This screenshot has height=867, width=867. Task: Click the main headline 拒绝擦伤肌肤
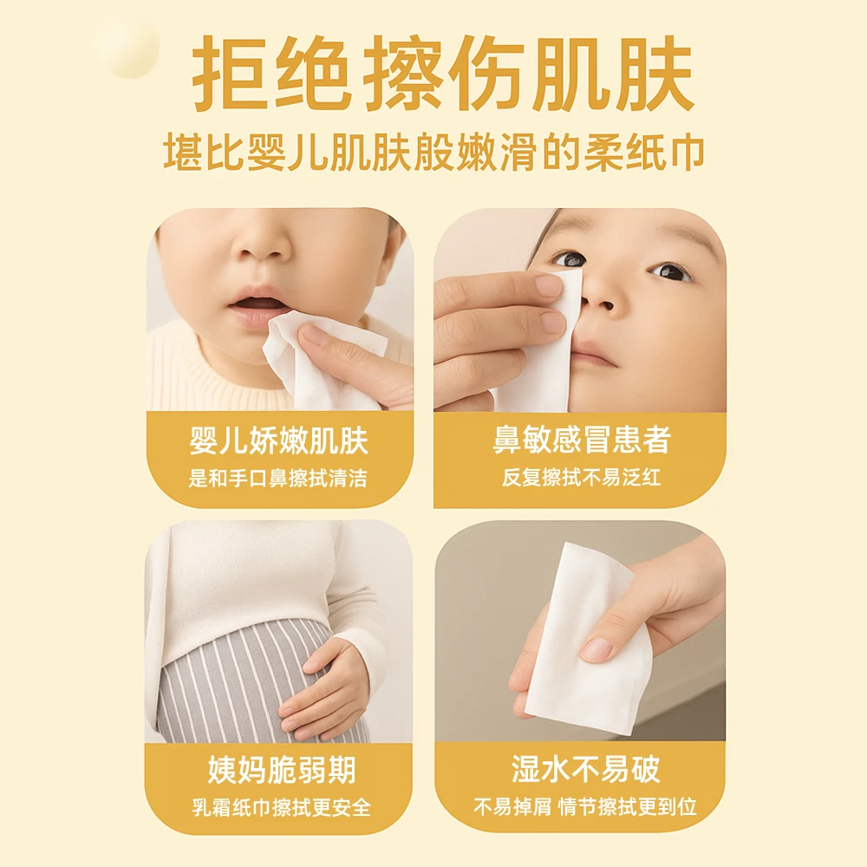pyautogui.click(x=443, y=74)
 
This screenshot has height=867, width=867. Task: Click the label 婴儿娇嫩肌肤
pyautogui.click(x=279, y=441)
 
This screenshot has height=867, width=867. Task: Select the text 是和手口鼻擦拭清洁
pyautogui.click(x=278, y=478)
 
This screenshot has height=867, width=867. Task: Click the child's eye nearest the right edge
pyautogui.click(x=671, y=272)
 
